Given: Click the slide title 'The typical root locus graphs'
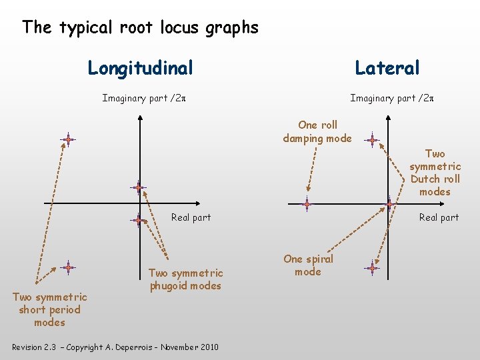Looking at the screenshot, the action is [x=140, y=27].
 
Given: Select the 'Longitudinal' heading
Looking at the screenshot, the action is [x=141, y=68].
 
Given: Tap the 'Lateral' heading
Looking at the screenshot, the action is [x=387, y=68].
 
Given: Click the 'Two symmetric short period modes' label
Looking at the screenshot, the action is [x=50, y=309].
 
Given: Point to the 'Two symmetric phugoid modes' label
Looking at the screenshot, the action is [x=186, y=279].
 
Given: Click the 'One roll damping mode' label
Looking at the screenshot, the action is [x=317, y=131].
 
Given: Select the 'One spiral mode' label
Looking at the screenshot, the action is [x=308, y=265].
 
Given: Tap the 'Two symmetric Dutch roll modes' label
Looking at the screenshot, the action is [x=435, y=173].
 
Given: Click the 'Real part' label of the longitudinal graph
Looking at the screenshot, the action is [x=191, y=217].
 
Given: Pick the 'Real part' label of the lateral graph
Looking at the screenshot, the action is [x=439, y=217].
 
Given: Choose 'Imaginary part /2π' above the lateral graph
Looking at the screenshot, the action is [x=392, y=99].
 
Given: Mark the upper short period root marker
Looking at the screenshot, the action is [x=67, y=139].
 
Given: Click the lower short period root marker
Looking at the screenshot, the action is [x=67, y=267].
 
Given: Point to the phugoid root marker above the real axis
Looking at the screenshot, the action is [x=138, y=187].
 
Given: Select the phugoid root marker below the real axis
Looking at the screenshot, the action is [x=137, y=219].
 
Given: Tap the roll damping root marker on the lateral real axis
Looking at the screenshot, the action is [x=307, y=204].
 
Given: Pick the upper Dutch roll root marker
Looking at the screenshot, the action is [x=373, y=141].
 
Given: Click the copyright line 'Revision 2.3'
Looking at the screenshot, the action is [x=115, y=347].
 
